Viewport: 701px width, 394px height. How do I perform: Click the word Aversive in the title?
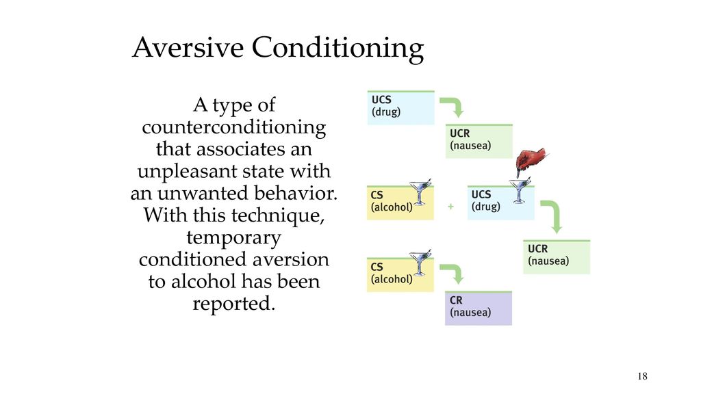[188, 47]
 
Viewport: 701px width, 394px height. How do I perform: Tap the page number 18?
[642, 376]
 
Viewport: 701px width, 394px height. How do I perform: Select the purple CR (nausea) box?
[479, 308]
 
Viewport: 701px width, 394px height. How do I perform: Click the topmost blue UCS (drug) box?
[400, 107]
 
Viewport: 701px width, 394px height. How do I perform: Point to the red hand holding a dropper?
[531, 161]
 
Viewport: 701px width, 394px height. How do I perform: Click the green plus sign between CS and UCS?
[450, 207]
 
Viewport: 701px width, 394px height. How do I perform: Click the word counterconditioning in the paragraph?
[234, 127]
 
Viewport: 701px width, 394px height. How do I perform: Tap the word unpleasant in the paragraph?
[188, 171]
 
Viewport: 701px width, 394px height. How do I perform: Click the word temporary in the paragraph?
[234, 237]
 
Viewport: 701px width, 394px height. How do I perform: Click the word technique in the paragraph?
[278, 215]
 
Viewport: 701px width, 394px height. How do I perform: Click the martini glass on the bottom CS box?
[420, 262]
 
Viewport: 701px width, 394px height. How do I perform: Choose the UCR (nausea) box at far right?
[557, 257]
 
